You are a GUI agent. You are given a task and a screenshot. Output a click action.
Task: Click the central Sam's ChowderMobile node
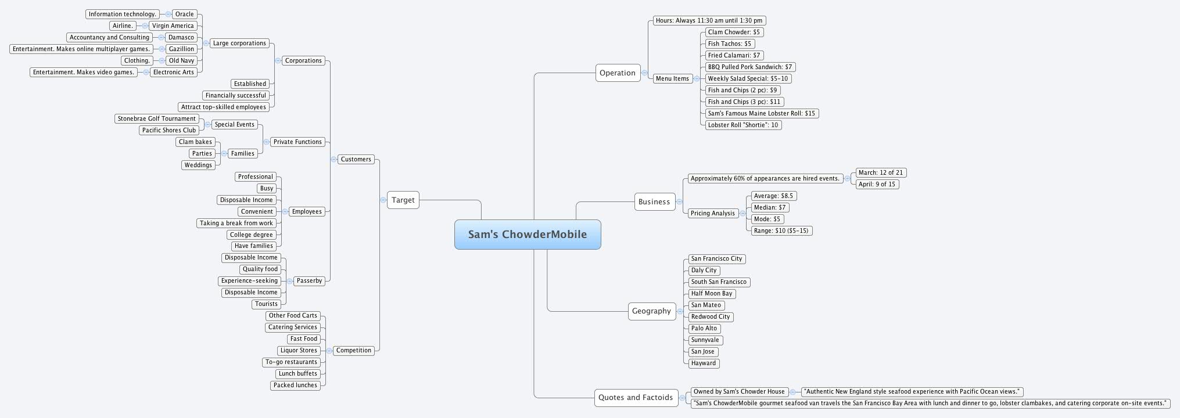click(x=528, y=235)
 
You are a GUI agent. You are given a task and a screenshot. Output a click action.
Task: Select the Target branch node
click(x=403, y=200)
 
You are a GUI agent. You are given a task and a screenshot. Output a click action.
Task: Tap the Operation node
click(x=618, y=73)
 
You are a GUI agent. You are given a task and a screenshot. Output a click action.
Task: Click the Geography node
click(x=651, y=311)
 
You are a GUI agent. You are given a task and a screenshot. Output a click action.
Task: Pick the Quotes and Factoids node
click(x=636, y=398)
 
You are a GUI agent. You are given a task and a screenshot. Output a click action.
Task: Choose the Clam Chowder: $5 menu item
click(x=733, y=33)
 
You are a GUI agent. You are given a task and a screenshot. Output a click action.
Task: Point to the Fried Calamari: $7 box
click(x=734, y=56)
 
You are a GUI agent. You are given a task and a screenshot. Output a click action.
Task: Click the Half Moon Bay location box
click(x=712, y=294)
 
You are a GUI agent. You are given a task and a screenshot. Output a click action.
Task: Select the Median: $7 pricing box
click(x=770, y=208)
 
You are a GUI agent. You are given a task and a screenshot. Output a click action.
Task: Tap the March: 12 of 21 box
click(x=881, y=173)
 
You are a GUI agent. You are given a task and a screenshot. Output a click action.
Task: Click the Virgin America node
click(x=173, y=26)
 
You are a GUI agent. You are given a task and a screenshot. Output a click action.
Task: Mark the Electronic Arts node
click(x=174, y=73)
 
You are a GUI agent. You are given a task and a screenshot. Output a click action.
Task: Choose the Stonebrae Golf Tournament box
click(x=157, y=119)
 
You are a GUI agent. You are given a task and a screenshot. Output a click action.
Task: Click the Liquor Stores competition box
click(x=299, y=351)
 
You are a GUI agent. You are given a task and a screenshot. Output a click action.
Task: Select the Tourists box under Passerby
click(x=267, y=304)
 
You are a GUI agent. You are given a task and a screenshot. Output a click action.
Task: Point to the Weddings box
click(x=198, y=165)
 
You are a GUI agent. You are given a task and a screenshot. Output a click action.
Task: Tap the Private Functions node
click(x=297, y=142)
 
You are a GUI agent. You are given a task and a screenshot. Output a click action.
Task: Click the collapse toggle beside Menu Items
click(x=697, y=79)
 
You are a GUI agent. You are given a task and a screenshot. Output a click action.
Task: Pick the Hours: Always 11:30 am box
click(x=709, y=21)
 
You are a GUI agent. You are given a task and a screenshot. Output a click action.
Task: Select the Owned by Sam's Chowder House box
click(x=739, y=392)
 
